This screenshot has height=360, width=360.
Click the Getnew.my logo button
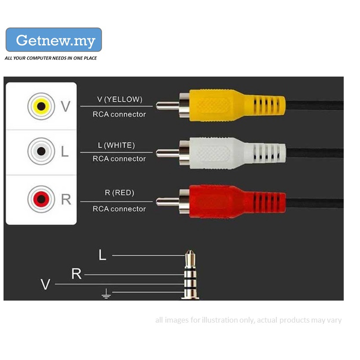[54, 40]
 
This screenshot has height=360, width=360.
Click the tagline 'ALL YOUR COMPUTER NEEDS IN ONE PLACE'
[51, 58]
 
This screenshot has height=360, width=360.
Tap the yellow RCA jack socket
[41, 106]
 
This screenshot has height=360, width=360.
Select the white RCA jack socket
[41, 151]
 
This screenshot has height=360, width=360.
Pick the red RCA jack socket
[41, 199]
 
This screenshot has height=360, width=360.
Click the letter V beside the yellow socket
[65, 107]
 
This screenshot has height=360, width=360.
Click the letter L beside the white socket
[65, 152]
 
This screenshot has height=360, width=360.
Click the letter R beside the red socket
[66, 200]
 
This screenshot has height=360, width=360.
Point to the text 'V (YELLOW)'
[120, 99]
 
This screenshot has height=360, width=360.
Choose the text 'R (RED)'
[120, 193]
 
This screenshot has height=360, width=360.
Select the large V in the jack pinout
[45, 285]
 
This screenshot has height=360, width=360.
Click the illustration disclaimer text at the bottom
[248, 320]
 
